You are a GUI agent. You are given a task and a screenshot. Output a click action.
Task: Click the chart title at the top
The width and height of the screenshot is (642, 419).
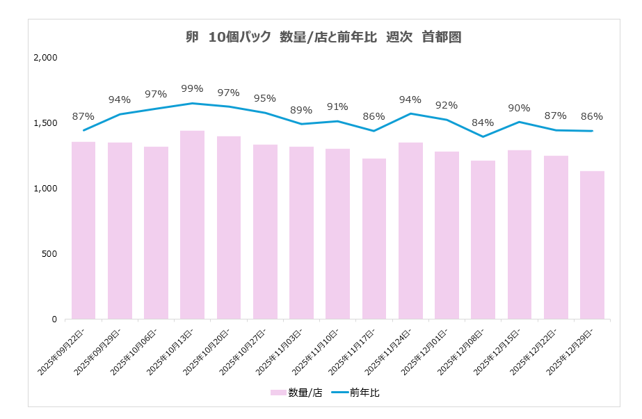pyautogui.click(x=324, y=38)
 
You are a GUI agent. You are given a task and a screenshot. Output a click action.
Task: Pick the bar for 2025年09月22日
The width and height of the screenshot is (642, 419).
pyautogui.click(x=83, y=230)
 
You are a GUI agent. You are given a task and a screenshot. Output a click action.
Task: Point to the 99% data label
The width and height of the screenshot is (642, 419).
pyautogui.click(x=192, y=88)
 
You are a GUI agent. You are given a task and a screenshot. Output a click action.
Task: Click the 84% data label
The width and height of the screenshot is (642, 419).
pyautogui.click(x=483, y=122)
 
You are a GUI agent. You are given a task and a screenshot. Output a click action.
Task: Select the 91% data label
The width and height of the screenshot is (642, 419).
pyautogui.click(x=337, y=106)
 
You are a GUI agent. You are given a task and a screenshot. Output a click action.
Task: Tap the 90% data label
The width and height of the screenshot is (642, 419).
pyautogui.click(x=519, y=108)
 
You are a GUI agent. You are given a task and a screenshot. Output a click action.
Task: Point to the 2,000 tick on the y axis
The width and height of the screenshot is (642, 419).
pyautogui.click(x=45, y=58)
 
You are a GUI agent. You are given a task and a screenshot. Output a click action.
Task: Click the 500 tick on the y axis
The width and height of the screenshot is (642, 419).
pyautogui.click(x=50, y=254)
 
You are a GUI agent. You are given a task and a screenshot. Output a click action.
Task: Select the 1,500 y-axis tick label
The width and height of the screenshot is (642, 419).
pyautogui.click(x=45, y=123)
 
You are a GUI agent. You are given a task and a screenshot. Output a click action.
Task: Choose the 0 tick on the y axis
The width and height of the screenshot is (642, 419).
pyautogui.click(x=54, y=319)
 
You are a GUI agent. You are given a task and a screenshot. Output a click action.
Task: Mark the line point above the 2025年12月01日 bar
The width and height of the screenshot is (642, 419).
pyautogui.click(x=447, y=120)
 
